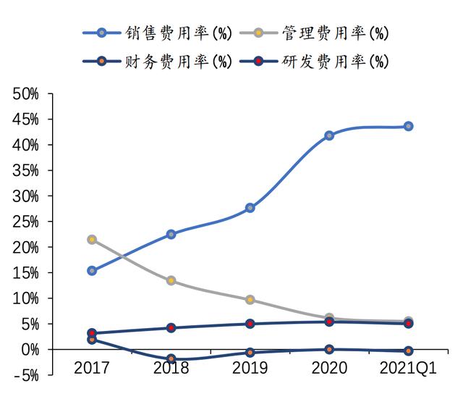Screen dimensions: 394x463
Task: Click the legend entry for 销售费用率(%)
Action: click(x=155, y=33)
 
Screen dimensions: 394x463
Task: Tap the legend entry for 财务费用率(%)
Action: click(x=155, y=62)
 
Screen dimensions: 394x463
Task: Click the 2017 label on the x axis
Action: click(x=92, y=369)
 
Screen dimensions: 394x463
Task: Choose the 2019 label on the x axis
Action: click(x=250, y=369)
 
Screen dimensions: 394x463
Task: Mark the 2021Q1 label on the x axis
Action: click(x=408, y=369)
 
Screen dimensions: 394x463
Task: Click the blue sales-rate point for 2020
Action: click(x=329, y=135)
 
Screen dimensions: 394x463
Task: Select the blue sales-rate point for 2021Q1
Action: click(x=408, y=126)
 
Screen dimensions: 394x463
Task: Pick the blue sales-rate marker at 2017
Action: click(x=92, y=270)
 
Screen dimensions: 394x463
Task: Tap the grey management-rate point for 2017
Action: click(x=92, y=239)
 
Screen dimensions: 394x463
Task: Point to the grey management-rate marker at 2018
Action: click(x=171, y=280)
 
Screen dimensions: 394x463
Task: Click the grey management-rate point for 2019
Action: click(x=250, y=299)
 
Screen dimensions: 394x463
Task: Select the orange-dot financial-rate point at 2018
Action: click(x=171, y=359)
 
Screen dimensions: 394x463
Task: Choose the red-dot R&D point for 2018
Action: click(x=171, y=327)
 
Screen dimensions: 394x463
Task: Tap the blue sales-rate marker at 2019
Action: click(x=250, y=208)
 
